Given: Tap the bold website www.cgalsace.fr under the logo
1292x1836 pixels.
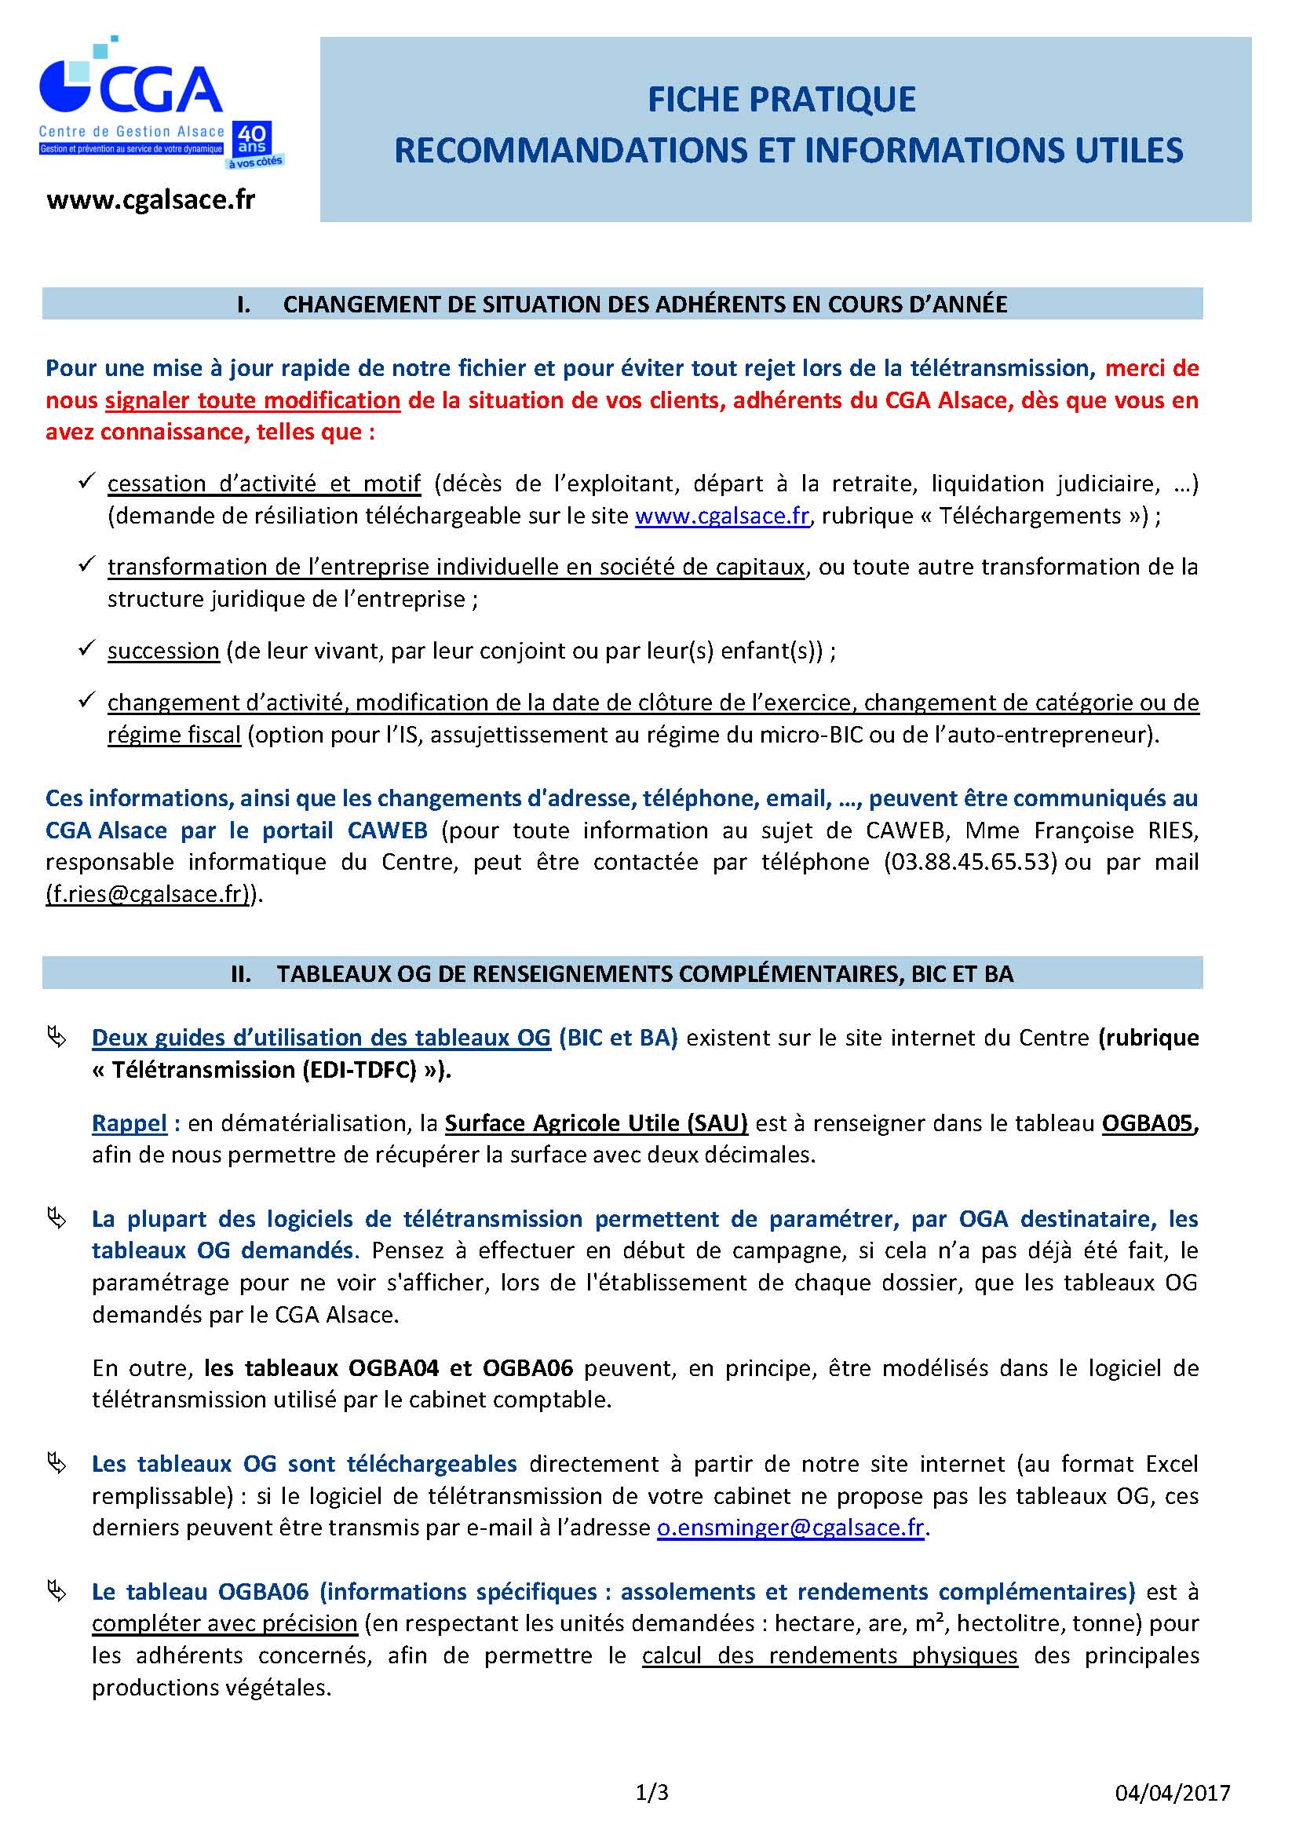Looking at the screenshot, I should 151,200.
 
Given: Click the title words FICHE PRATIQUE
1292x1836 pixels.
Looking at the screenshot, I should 781,100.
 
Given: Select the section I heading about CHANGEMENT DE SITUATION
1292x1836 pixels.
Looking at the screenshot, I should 644,305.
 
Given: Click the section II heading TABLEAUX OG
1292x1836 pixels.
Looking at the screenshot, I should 644,974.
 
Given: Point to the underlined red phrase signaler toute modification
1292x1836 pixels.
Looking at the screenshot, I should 253,400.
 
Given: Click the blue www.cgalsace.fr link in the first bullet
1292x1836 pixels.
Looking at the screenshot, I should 722,516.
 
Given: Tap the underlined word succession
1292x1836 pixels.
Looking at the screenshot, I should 163,651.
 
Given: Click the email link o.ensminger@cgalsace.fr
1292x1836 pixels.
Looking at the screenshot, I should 790,1528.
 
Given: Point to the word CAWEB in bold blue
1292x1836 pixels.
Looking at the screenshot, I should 387,830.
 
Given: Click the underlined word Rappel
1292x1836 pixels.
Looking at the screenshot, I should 130,1123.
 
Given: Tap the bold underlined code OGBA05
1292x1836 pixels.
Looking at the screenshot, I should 1149,1123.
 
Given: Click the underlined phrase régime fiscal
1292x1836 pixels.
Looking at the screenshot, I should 174,735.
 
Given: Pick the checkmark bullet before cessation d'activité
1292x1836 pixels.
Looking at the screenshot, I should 86,481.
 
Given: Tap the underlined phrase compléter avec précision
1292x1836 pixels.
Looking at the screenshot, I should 224,1623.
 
